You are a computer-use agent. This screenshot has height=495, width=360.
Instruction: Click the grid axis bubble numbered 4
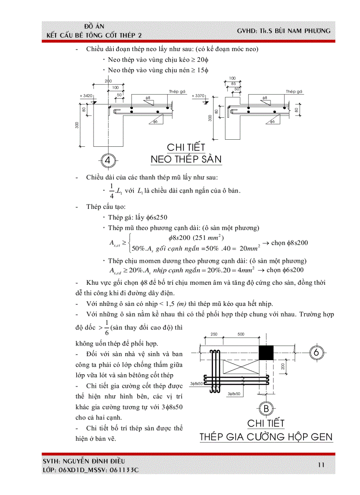coord(108,160)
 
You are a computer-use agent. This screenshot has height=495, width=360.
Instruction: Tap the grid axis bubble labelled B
coord(266,409)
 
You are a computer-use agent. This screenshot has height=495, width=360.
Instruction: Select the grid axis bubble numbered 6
coord(317,353)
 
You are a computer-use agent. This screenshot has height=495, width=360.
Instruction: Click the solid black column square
coord(266,353)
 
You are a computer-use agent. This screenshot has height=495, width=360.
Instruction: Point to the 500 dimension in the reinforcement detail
coord(240,334)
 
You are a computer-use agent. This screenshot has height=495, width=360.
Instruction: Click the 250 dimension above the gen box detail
coord(214,334)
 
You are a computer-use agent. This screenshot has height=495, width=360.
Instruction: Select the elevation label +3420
coord(86,95)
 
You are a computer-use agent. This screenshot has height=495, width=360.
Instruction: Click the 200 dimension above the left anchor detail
coord(108,81)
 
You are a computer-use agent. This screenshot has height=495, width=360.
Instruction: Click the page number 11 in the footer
coord(321,464)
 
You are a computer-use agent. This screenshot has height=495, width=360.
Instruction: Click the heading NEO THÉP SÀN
coord(186,159)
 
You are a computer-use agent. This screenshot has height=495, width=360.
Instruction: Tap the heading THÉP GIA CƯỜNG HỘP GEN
coord(266,437)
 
